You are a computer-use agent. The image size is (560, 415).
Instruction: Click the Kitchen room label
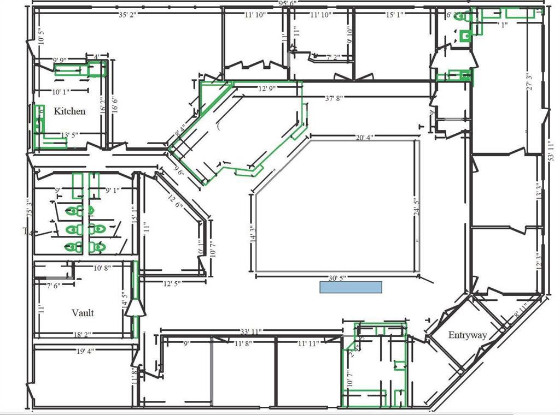coord(69,111)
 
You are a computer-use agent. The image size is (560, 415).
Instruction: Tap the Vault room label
coord(83,313)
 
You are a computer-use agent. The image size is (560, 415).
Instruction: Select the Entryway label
coord(468,335)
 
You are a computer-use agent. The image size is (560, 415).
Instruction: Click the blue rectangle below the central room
coord(351,287)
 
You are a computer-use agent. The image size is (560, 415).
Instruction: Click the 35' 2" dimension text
coord(127,15)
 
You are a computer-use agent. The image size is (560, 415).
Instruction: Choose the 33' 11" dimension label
coord(251,331)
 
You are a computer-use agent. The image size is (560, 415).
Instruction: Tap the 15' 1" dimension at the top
coord(395,15)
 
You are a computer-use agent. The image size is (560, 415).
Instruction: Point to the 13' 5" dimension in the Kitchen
coord(71,135)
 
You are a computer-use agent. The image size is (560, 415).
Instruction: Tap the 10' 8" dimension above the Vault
coord(103,268)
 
